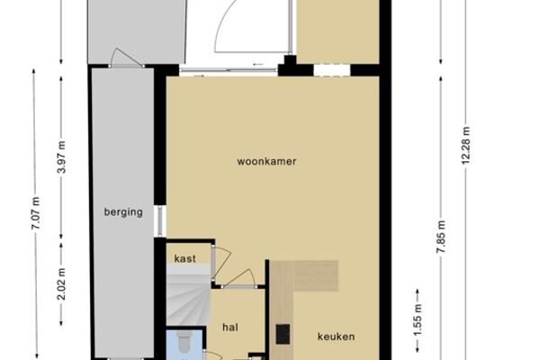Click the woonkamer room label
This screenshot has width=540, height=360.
(x=266, y=162)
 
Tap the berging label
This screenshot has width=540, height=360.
(x=123, y=212)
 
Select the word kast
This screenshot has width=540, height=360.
(x=185, y=258)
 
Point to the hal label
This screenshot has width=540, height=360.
(x=230, y=328)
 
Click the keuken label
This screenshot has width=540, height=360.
(x=336, y=337)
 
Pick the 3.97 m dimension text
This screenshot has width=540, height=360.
(x=62, y=157)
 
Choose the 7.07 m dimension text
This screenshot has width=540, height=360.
(x=36, y=213)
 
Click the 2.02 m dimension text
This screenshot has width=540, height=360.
(x=62, y=283)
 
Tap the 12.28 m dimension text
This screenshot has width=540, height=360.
(x=465, y=146)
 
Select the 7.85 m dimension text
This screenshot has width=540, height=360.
(x=441, y=237)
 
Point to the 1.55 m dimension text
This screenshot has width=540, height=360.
(x=418, y=319)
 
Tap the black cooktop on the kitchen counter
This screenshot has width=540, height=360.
(x=283, y=335)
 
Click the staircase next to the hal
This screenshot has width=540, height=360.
(x=188, y=294)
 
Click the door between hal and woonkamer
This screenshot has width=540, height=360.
(x=238, y=279)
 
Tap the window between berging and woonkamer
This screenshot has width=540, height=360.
(x=159, y=221)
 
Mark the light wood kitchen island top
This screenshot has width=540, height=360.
(x=303, y=275)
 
